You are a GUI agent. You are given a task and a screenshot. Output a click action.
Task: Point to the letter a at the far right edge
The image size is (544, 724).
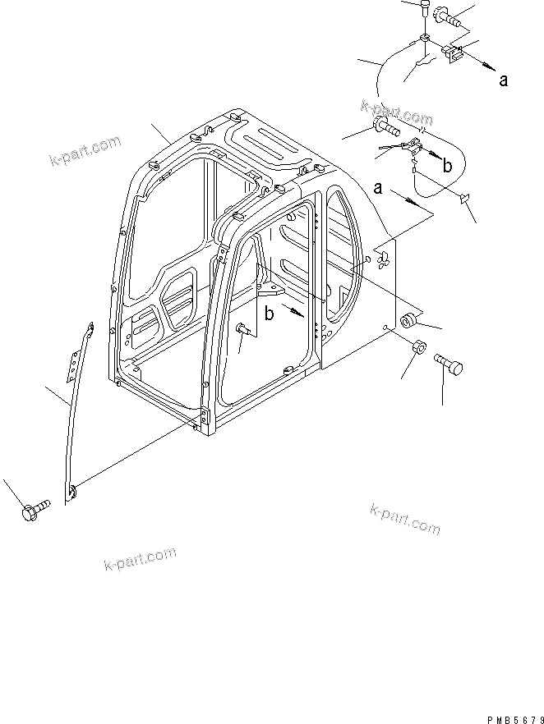pyautogui.click(x=503, y=80)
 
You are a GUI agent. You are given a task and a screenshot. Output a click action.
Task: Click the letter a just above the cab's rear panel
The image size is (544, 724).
pyautogui.click(x=377, y=189)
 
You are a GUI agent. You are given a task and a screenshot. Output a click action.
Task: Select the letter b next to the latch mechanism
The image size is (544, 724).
pyautogui.click(x=448, y=165)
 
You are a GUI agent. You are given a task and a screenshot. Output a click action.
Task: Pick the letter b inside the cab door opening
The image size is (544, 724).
pyautogui.click(x=269, y=312)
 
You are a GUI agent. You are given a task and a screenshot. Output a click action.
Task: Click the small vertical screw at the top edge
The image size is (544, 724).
pyautogui.click(x=423, y=10)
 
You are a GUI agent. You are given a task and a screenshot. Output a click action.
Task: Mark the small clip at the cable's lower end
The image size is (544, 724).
pyautogui.click(x=464, y=198)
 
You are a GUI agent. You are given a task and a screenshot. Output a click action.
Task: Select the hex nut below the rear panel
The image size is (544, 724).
pyautogui.click(x=417, y=347)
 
